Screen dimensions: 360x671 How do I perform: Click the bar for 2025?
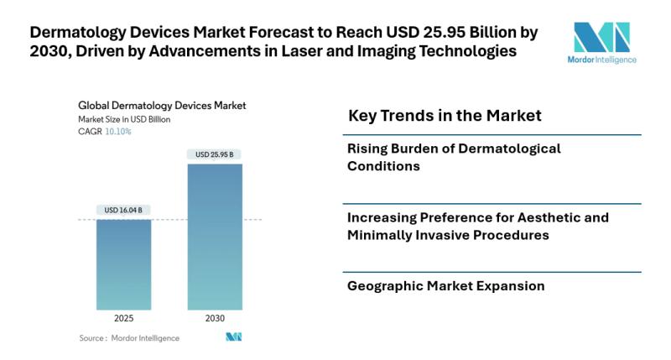click(x=123, y=264)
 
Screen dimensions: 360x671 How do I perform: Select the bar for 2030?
click(x=215, y=237)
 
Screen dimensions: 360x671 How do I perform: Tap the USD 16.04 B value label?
click(x=123, y=210)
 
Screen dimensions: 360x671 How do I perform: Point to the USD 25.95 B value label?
click(x=215, y=154)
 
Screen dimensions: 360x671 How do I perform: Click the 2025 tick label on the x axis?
click(x=123, y=318)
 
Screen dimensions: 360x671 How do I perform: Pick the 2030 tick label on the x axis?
click(x=215, y=318)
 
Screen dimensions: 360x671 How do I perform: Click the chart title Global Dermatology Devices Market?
click(x=162, y=107)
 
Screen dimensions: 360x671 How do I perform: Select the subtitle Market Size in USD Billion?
click(x=124, y=119)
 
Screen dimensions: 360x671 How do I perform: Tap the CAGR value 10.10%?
click(x=117, y=132)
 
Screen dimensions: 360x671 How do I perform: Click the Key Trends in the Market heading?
click(x=445, y=115)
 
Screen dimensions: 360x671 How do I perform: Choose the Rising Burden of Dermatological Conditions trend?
click(x=454, y=157)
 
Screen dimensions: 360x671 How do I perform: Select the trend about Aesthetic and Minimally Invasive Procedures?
click(x=478, y=226)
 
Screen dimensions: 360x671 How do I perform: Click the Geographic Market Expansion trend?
click(x=445, y=286)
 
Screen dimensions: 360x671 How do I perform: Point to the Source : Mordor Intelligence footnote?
click(x=129, y=338)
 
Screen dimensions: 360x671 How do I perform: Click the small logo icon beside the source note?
click(x=234, y=337)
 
